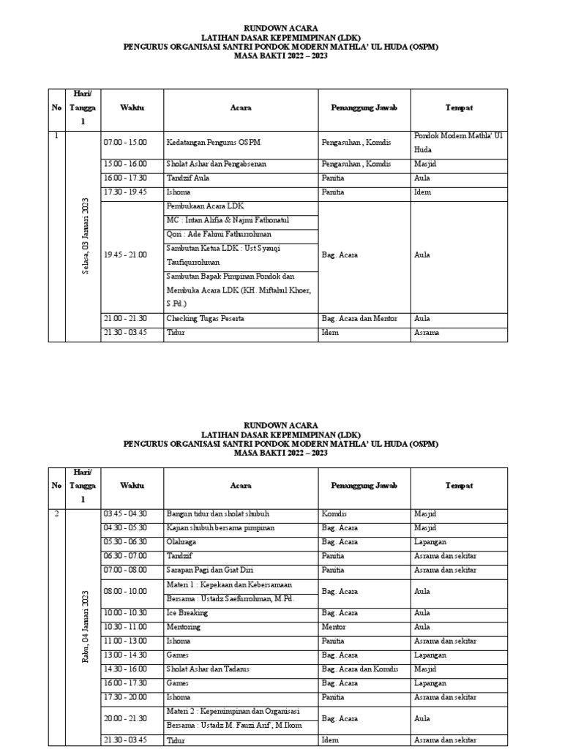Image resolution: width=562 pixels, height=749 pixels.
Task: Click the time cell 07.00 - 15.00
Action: click(126, 142)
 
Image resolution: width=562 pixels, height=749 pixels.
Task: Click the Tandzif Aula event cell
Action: click(188, 178)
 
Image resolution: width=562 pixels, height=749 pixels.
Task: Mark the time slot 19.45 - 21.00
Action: click(126, 255)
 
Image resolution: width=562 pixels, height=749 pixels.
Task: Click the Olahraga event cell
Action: click(184, 542)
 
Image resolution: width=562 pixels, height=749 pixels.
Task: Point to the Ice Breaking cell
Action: click(187, 613)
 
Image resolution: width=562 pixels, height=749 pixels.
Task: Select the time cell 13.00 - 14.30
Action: click(126, 655)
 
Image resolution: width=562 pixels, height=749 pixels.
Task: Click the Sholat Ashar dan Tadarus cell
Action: click(209, 669)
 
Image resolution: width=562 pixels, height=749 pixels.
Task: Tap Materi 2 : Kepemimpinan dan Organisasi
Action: click(233, 712)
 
